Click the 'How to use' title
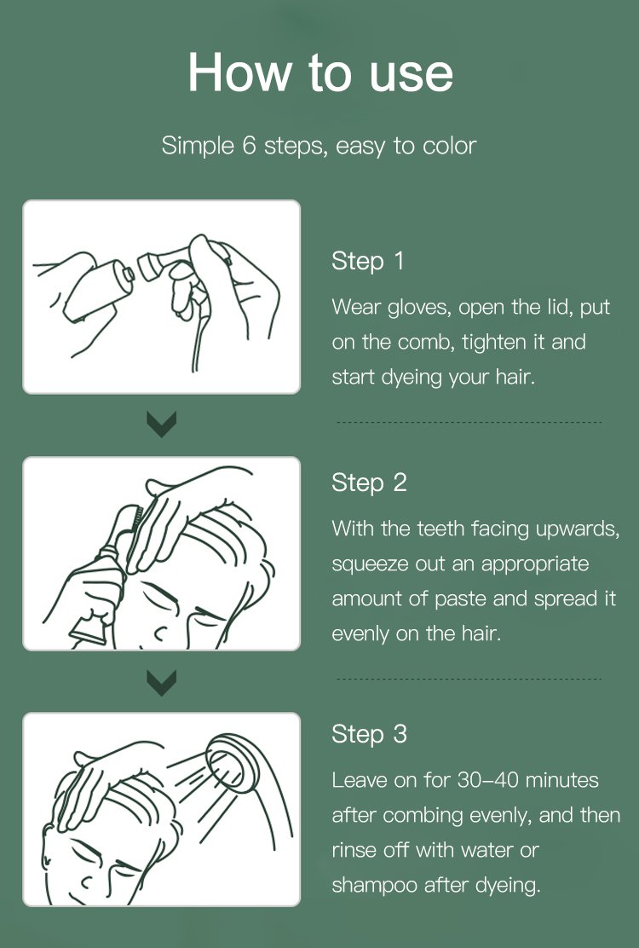320,73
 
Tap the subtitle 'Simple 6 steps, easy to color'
319,147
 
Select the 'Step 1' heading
367,262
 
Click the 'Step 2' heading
369,483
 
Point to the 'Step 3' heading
369,735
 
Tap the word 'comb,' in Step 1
425,342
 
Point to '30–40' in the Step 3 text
487,780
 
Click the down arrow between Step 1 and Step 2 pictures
162,425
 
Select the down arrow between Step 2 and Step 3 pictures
162,683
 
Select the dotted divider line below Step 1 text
469,422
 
